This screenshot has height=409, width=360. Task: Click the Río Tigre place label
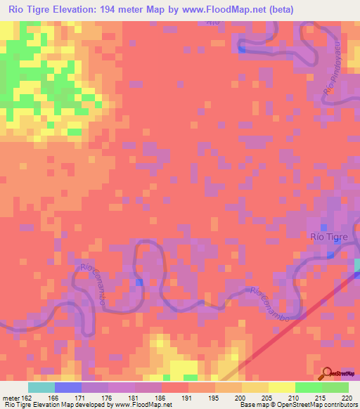tap(329, 237)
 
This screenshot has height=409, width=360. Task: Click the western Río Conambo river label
tap(93, 277)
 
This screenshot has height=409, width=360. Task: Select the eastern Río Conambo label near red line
tap(271, 304)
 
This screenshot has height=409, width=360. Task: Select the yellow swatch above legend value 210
tap(281, 387)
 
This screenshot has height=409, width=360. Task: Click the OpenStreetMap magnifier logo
tap(328, 373)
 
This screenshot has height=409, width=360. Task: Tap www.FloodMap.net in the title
tap(216, 9)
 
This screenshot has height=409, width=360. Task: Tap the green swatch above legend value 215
tap(308, 387)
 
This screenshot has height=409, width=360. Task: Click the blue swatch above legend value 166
tap(67, 387)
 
